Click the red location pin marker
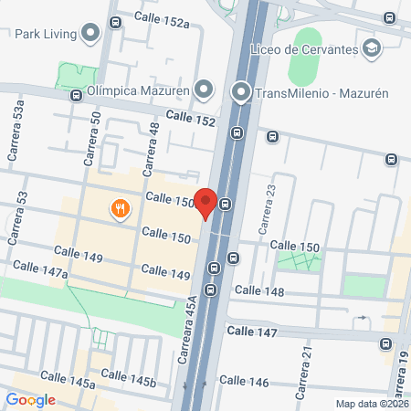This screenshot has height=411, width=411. click(207, 202)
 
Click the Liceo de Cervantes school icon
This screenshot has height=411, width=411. click(371, 47)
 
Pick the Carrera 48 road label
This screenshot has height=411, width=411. click(153, 142)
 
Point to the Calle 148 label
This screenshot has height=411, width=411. click(259, 291)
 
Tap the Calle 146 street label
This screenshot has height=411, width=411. click(244, 381)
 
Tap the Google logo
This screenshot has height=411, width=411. click(30, 399)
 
